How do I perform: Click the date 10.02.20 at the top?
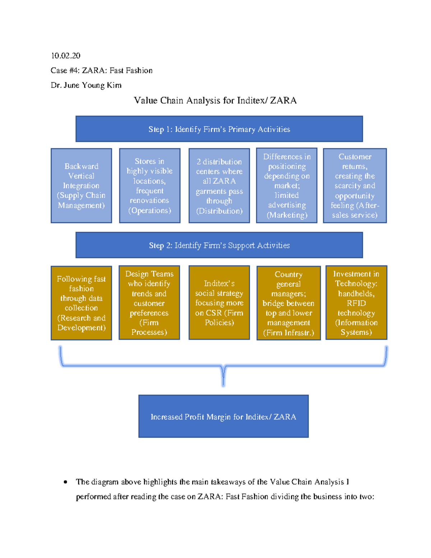[x=65, y=56]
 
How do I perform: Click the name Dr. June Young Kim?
[x=86, y=85]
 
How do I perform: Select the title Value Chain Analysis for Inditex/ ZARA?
[x=215, y=100]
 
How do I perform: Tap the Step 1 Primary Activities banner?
[x=219, y=129]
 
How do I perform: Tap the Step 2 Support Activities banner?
[x=219, y=245]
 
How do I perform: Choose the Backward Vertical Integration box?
[x=81, y=186]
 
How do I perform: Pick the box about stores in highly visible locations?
[x=149, y=186]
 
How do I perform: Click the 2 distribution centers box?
[x=219, y=186]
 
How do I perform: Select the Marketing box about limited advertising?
[x=287, y=185]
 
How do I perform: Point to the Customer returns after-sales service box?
[x=355, y=186]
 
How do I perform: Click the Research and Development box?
[x=81, y=303]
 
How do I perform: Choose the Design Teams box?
[x=149, y=303]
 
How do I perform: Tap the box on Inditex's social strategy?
[x=219, y=303]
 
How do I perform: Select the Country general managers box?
[x=288, y=303]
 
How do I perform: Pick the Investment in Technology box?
[x=356, y=303]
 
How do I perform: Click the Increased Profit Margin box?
[x=223, y=416]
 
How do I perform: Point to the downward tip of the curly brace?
[x=223, y=384]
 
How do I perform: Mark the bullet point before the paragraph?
[x=65, y=482]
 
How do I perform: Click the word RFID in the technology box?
[x=356, y=303]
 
